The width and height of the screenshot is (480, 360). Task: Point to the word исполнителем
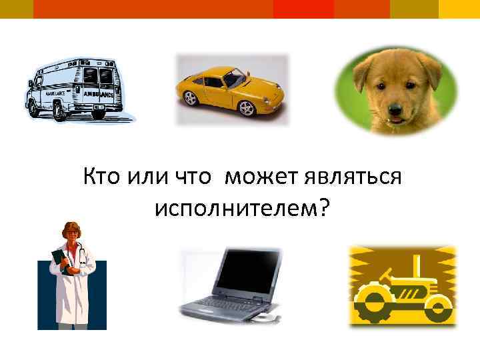point(235,208)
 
